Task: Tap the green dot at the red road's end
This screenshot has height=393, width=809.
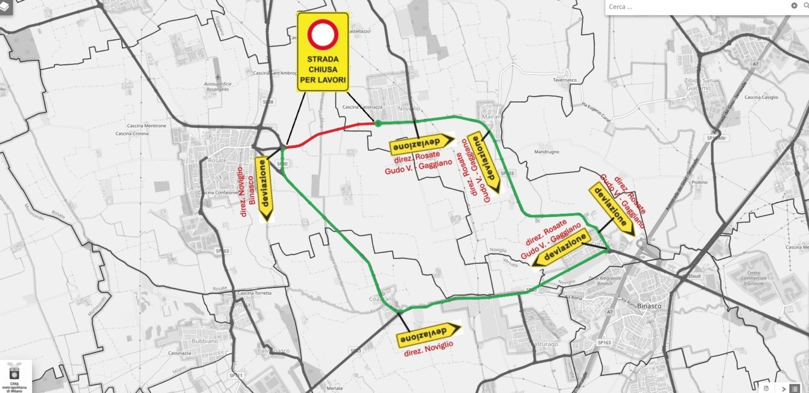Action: pos(378,123)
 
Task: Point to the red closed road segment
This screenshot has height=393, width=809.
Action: pos(329,132)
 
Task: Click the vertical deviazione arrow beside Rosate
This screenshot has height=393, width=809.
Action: pos(264,189)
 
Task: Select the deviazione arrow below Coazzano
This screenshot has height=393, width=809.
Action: pos(430,334)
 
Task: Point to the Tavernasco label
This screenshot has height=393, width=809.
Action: pos(566,80)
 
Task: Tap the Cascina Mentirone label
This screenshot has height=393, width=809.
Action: pos(141,126)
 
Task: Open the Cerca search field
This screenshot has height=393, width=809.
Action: pos(695,6)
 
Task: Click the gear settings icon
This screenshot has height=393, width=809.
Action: pos(794,6)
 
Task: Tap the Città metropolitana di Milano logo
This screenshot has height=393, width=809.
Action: pos(14,377)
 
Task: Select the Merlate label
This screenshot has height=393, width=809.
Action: pos(334,387)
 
